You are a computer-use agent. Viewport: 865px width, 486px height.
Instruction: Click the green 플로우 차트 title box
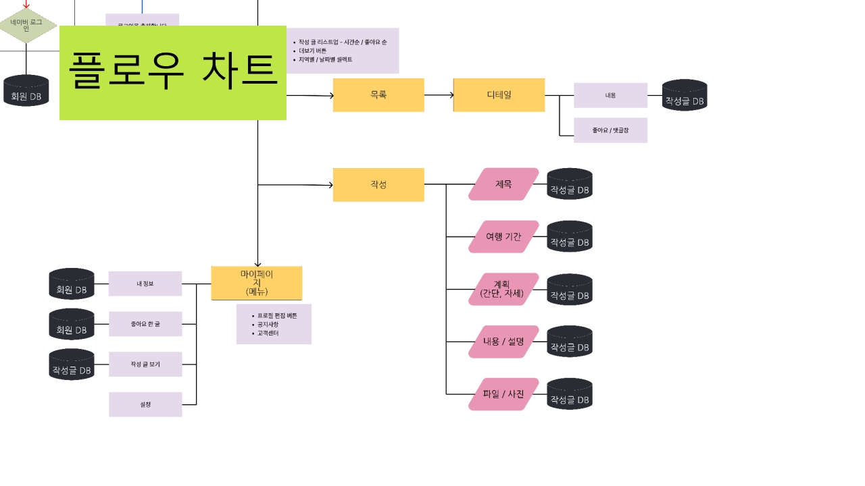(x=172, y=73)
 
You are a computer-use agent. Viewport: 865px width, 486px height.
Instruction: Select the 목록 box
(x=378, y=95)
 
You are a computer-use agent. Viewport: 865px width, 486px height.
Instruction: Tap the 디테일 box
(x=499, y=95)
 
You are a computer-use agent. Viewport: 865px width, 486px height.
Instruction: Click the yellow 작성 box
(x=378, y=184)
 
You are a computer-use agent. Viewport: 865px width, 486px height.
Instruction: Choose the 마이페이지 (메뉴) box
(x=257, y=283)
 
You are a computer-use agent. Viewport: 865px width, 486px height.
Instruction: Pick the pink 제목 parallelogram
(x=503, y=184)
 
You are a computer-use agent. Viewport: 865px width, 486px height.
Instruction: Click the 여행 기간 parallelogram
(x=503, y=237)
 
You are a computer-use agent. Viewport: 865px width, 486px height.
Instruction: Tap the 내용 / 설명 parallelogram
(x=503, y=342)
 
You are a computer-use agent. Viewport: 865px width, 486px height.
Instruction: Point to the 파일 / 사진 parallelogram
(x=503, y=394)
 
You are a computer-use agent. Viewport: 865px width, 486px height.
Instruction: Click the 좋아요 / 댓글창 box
(x=610, y=130)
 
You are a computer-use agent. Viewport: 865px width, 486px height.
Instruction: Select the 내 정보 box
(x=145, y=283)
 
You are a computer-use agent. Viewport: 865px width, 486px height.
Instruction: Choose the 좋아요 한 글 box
(x=145, y=324)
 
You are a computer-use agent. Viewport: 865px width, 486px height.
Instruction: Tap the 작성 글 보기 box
(x=145, y=364)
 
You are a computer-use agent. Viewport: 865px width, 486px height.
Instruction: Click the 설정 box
(x=145, y=404)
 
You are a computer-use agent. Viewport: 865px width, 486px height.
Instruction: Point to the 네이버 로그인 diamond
(x=26, y=26)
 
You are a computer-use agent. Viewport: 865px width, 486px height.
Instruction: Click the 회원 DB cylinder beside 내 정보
(x=72, y=284)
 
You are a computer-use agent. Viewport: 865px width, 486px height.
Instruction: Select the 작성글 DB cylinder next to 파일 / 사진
(x=570, y=394)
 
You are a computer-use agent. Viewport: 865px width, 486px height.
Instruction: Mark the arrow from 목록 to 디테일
(x=439, y=95)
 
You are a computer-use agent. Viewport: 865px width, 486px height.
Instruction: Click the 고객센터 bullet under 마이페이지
(x=268, y=333)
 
